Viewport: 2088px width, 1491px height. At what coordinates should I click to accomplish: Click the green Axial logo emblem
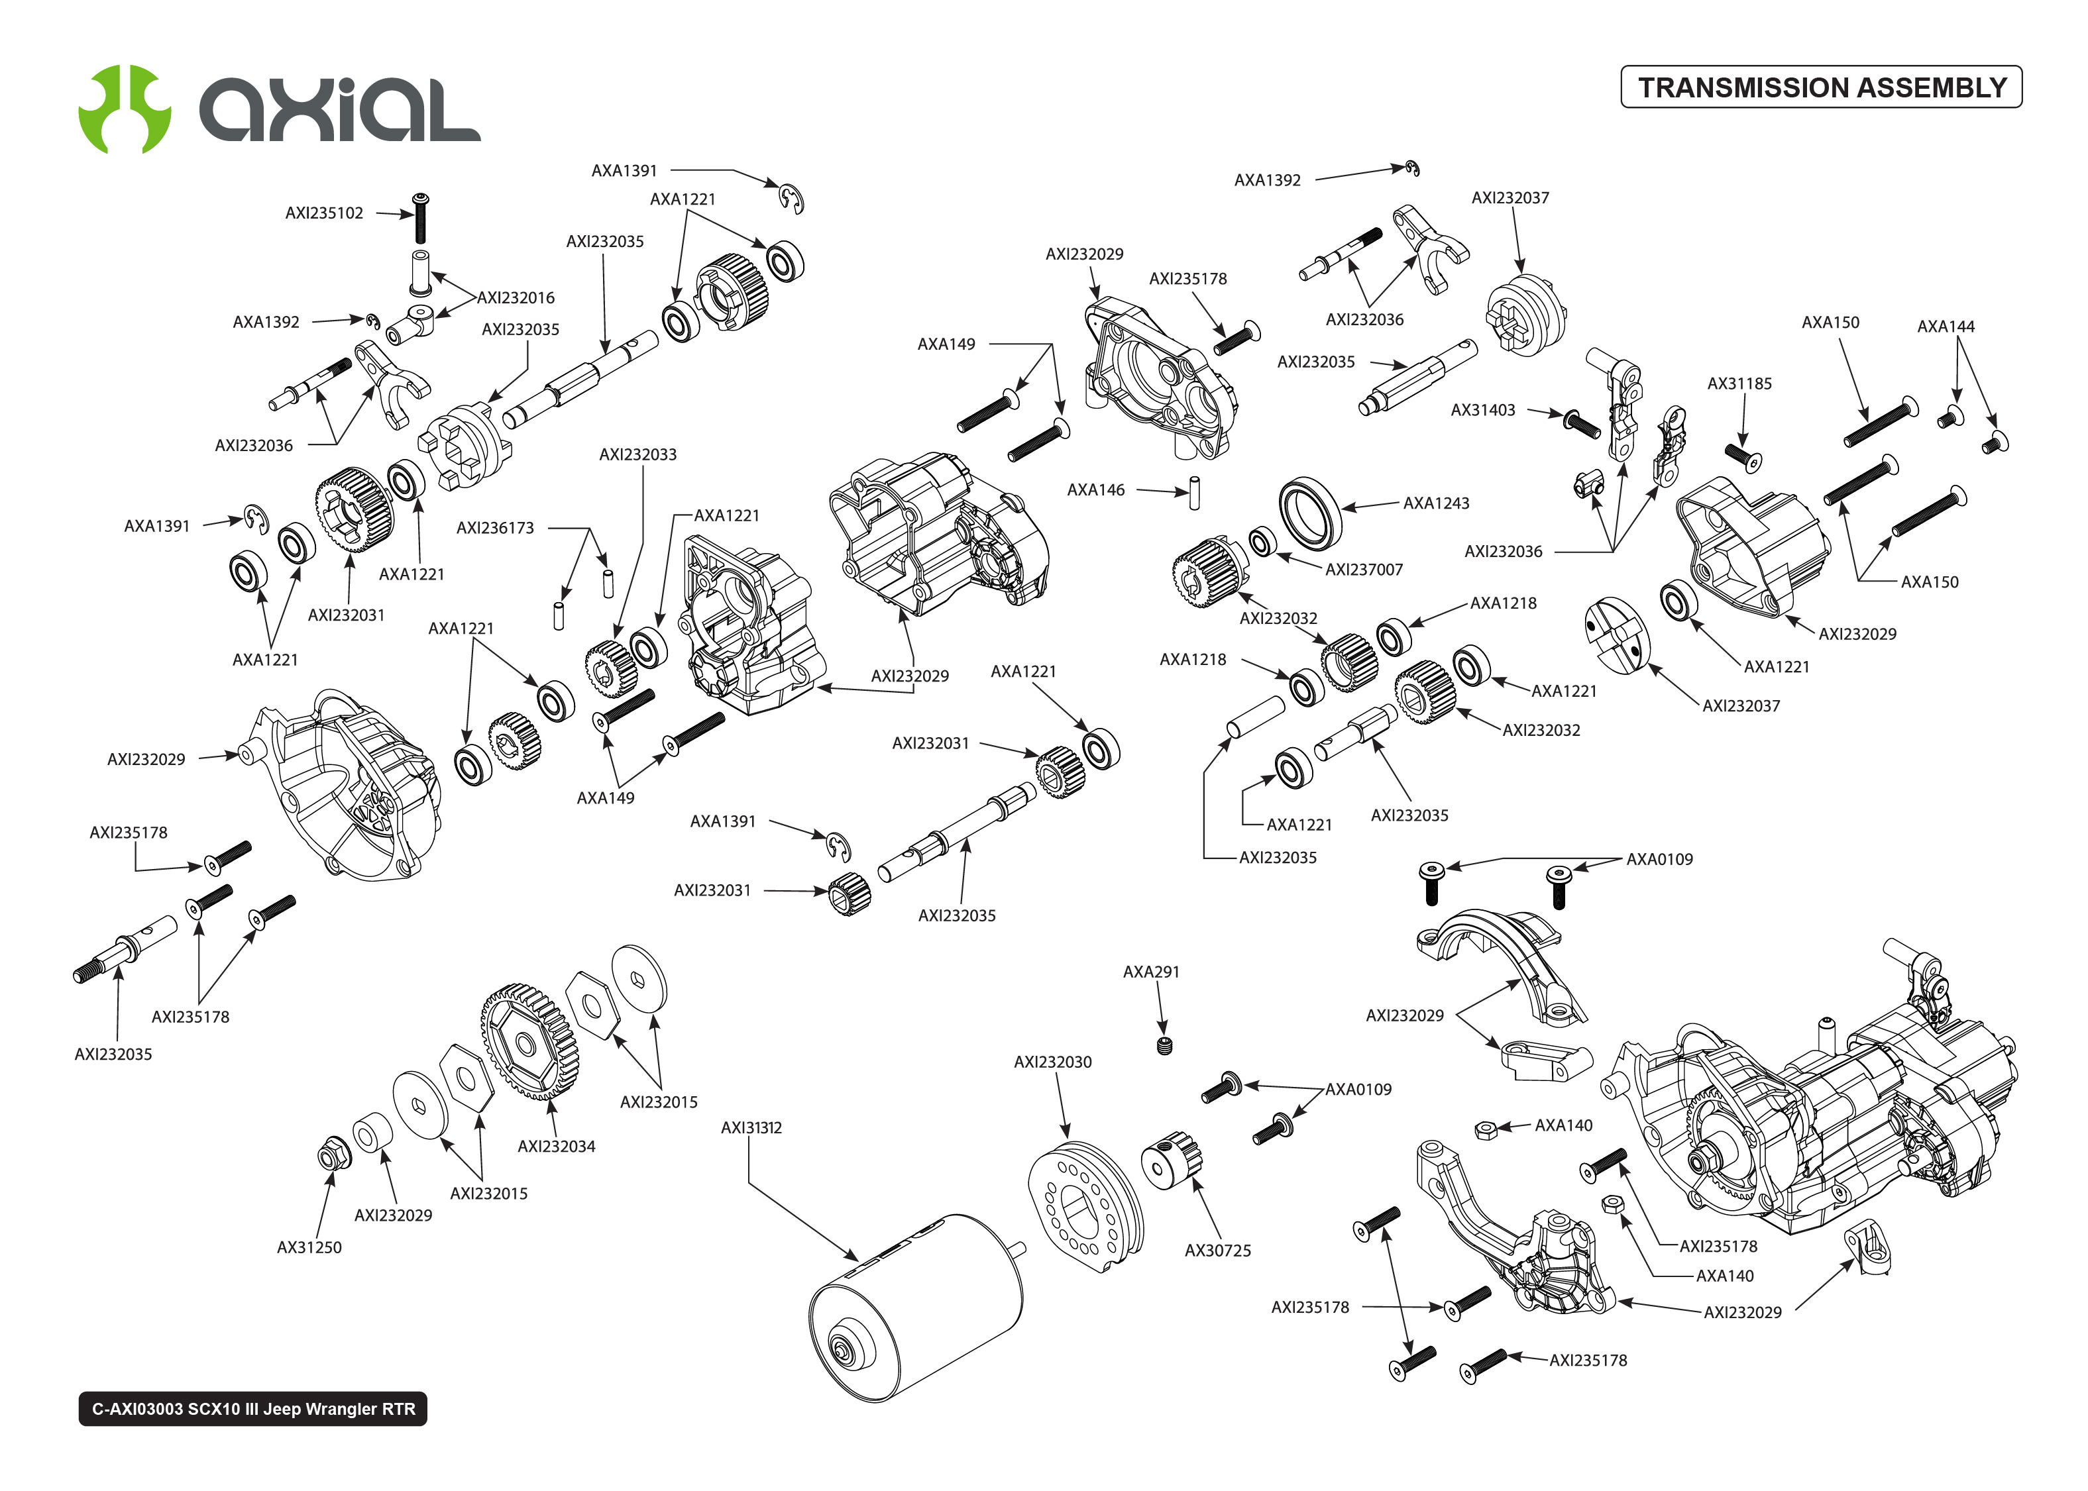click(124, 109)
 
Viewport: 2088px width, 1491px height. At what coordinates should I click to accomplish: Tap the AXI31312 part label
click(750, 1127)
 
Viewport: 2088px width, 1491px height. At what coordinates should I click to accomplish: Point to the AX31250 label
click(309, 1247)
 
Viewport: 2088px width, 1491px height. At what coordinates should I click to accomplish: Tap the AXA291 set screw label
click(1150, 971)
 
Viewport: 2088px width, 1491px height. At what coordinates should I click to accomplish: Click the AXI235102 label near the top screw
click(323, 213)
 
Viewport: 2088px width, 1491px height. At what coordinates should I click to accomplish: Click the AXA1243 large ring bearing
click(1309, 512)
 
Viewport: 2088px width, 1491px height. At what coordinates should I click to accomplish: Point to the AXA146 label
click(1095, 490)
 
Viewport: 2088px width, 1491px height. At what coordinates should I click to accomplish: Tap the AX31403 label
click(1482, 411)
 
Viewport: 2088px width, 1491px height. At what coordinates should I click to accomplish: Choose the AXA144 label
click(1945, 326)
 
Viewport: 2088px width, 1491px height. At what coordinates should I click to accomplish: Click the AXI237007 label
click(1364, 569)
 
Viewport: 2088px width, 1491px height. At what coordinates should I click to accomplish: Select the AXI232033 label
click(637, 454)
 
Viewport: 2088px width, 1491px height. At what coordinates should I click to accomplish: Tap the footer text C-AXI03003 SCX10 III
click(252, 1408)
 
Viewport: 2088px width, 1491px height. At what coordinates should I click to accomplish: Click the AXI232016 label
click(515, 297)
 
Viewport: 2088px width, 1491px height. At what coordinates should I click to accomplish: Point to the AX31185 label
click(1738, 384)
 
